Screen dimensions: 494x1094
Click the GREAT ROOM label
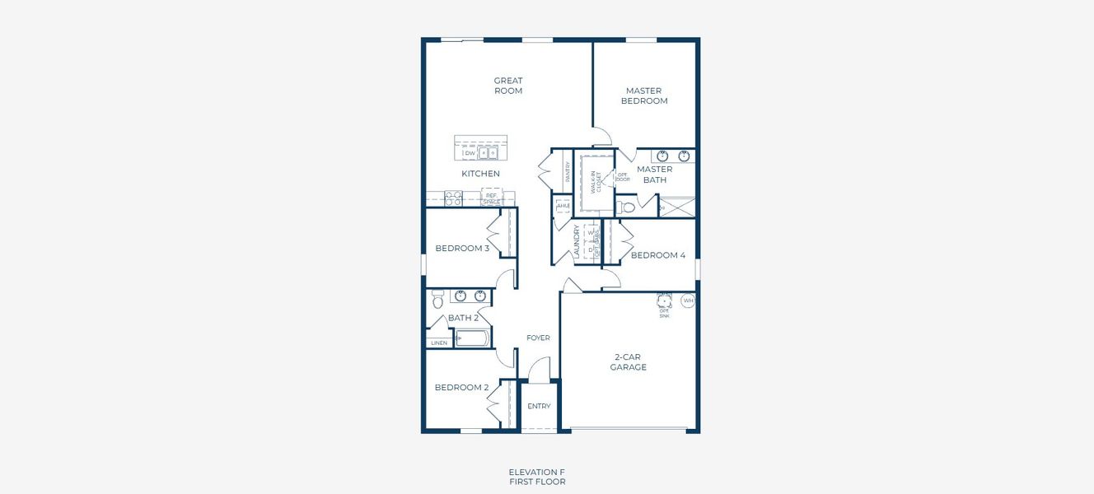coord(508,86)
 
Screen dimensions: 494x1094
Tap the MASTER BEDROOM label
coord(645,96)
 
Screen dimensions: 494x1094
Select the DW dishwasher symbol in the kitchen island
coord(470,153)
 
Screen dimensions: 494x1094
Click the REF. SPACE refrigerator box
coord(491,198)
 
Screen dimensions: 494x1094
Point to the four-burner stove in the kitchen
coord(453,198)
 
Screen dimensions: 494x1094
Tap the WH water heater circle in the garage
coord(688,301)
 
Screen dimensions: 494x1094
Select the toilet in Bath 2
coord(437,301)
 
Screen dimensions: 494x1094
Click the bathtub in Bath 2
coord(471,338)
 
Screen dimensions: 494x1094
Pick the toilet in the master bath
coord(627,207)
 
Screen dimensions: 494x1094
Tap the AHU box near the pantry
coord(563,206)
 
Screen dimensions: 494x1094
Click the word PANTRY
coord(568,171)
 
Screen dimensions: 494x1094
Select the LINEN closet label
coord(439,343)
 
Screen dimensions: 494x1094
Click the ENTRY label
coord(539,406)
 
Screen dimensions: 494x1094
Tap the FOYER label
coord(538,338)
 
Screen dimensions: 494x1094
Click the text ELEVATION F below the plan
coord(537,472)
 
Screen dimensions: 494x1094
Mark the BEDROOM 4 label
coord(658,255)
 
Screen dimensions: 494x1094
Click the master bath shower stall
coord(676,207)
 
